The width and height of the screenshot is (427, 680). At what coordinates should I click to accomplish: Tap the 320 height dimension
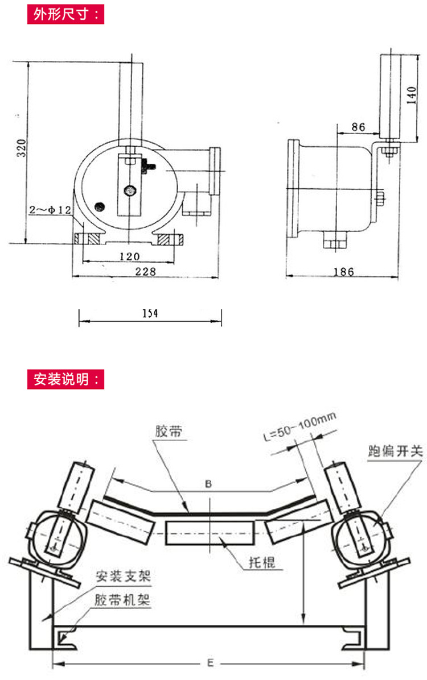click(21, 148)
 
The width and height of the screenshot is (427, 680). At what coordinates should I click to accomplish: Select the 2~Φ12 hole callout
click(50, 210)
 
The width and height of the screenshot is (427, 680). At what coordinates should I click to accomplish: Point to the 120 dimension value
click(129, 256)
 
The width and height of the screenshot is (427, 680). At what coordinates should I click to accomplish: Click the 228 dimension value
click(146, 271)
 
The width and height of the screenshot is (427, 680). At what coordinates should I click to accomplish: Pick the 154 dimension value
click(150, 313)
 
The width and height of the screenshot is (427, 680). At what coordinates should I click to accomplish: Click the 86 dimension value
click(358, 127)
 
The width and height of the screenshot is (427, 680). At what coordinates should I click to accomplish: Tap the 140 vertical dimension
click(412, 95)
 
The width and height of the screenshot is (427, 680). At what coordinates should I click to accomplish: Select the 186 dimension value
click(344, 272)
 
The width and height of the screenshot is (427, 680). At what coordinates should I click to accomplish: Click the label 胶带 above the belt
click(169, 431)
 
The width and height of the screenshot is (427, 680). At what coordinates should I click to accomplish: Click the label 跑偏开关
click(395, 451)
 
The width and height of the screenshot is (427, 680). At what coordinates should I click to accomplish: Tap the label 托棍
click(262, 562)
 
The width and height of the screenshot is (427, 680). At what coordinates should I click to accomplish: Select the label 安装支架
click(124, 576)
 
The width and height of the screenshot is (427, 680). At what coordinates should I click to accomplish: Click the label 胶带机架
click(122, 600)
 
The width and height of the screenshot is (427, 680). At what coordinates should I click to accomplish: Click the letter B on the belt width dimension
click(208, 483)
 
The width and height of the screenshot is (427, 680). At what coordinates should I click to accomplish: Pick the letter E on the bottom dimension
click(210, 663)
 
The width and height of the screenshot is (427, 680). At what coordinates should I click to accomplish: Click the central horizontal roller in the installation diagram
click(210, 533)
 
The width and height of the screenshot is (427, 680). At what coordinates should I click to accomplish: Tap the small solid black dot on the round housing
click(100, 206)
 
